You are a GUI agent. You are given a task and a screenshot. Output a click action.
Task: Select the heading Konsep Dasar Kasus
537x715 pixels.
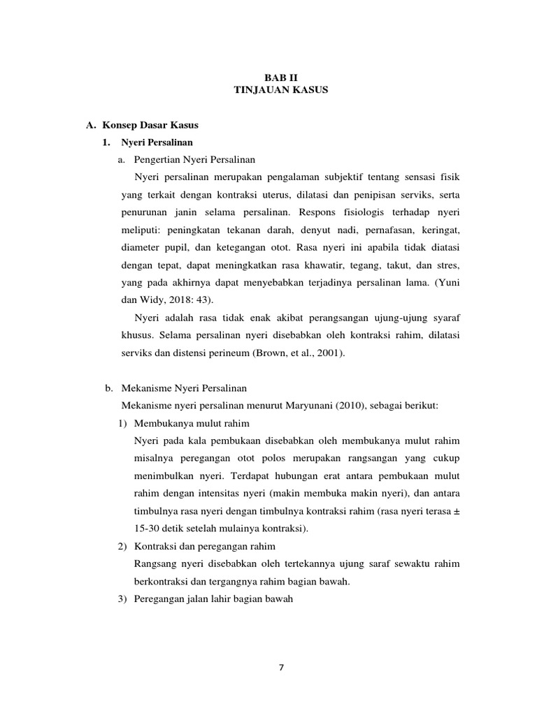coord(150,125)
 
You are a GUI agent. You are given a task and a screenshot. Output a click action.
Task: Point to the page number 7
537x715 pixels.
coord(280,667)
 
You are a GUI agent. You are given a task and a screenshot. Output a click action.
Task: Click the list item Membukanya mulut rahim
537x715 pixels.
coord(192,424)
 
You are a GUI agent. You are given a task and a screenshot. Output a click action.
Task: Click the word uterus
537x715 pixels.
coord(273,195)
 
